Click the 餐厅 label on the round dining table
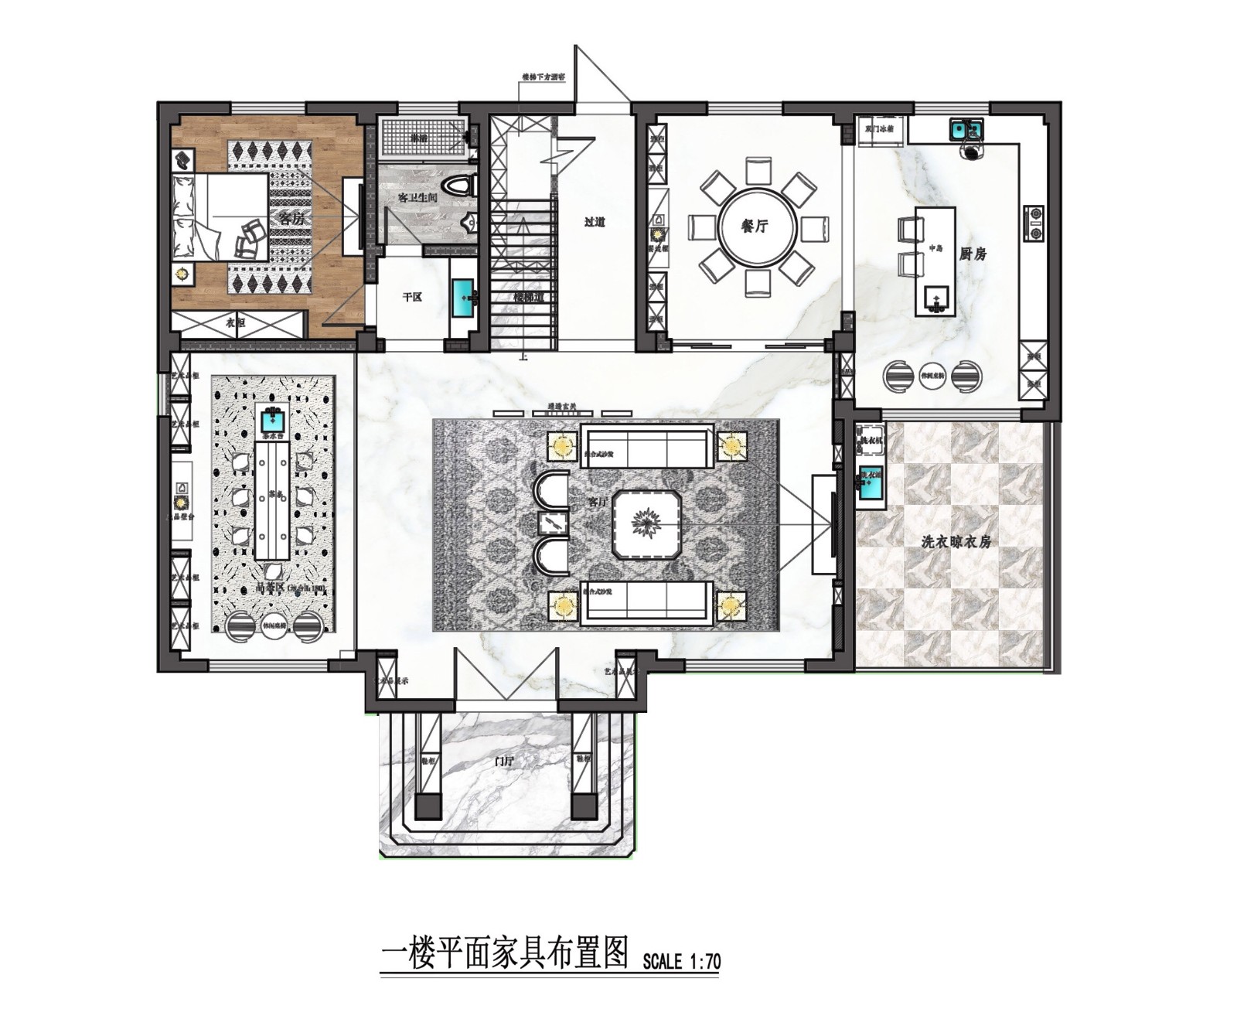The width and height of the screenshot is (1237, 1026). coord(755,227)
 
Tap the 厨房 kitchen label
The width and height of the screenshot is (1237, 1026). coord(973,254)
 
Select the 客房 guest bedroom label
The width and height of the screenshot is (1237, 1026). coord(291,219)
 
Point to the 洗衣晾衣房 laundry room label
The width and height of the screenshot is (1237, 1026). coord(956,542)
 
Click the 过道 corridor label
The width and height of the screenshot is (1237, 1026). coord(595,222)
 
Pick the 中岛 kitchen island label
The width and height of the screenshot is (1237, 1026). coord(935,248)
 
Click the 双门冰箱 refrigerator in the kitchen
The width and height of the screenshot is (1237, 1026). coord(881,129)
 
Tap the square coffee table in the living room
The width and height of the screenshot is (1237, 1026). coord(646,523)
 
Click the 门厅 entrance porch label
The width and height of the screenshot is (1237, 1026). coord(504,762)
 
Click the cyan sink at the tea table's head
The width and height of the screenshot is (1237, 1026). coord(272,421)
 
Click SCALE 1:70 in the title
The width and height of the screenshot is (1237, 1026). coord(681,961)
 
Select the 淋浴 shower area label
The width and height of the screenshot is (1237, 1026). coord(418,138)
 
